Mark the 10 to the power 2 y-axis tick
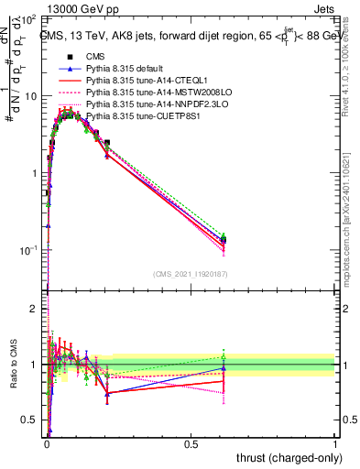click(29, 18)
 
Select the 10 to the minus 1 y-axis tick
click(29, 250)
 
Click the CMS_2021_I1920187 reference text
click(190, 272)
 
